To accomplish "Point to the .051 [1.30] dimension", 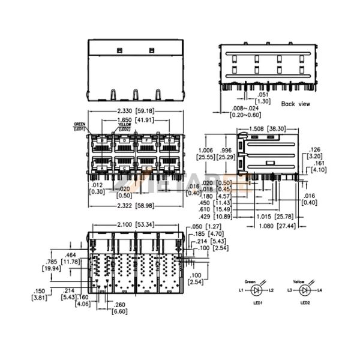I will [262, 98].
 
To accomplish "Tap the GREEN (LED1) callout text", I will [80, 126].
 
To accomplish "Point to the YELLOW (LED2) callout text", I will [124, 127].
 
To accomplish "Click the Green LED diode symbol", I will [257, 290].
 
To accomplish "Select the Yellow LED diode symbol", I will [305, 290].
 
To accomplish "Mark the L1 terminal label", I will [241, 290].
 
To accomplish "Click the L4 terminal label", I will [320, 290].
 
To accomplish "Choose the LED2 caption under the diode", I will [305, 304].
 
